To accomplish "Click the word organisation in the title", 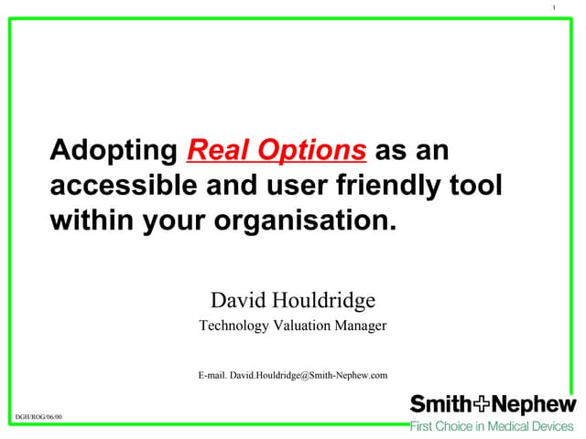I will (x=309, y=221).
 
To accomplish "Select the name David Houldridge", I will (x=293, y=300).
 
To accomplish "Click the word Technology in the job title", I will (x=234, y=326).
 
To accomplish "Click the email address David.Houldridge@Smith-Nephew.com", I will (x=309, y=375).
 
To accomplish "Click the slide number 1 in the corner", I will (x=555, y=9).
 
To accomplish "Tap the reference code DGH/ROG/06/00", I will (x=38, y=417).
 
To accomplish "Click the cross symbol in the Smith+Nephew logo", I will (x=479, y=404).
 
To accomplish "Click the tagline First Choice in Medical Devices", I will (x=492, y=426).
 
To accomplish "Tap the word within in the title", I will (x=92, y=221).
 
